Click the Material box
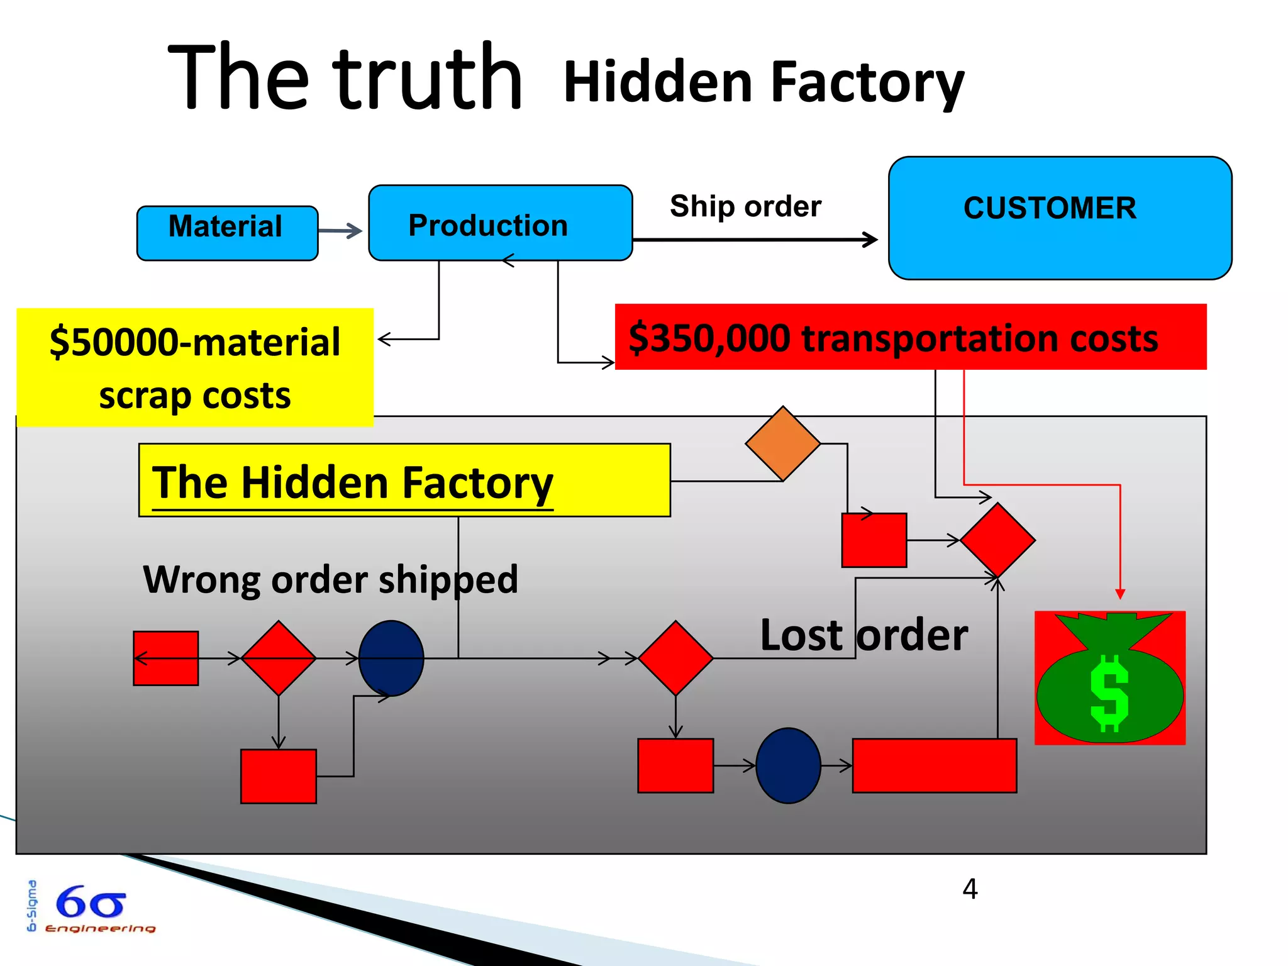point(227,233)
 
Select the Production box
point(500,223)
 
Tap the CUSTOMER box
point(1059,218)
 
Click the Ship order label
point(745,206)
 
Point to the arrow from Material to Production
point(340,231)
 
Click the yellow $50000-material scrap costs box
point(195,368)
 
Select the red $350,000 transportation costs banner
point(909,337)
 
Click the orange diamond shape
point(782,443)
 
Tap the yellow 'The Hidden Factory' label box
point(404,480)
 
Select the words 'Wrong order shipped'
point(331,579)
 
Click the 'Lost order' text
point(863,635)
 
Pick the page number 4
point(970,889)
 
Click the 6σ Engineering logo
point(91,908)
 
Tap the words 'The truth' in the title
point(345,78)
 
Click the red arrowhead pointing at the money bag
point(1119,594)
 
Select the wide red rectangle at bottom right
point(934,765)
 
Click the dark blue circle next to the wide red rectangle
point(788,765)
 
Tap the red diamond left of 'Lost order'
point(675,658)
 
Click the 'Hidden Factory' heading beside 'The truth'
point(763,82)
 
